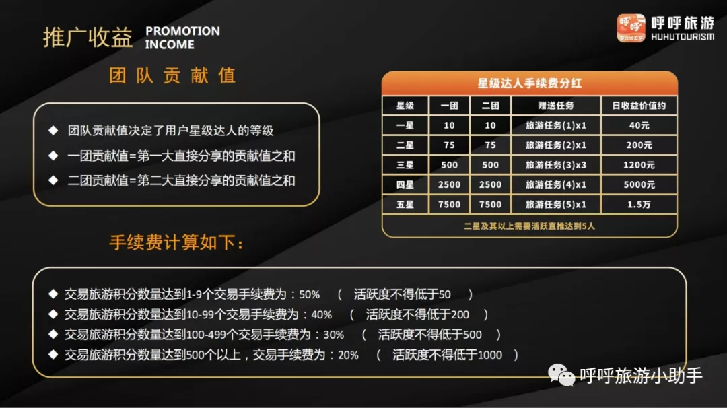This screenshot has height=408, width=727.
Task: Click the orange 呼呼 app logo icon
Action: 631,28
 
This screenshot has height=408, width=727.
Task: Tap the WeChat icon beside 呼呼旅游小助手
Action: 561,374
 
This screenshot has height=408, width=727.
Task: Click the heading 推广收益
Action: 88,38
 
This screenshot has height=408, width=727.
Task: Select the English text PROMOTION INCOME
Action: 182,38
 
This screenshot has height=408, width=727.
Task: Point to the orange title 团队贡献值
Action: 172,75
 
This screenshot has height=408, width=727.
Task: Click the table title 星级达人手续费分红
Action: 530,83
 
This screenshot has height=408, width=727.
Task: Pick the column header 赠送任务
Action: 555,106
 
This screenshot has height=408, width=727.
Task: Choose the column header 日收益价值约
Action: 639,106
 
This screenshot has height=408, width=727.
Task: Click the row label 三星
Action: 405,165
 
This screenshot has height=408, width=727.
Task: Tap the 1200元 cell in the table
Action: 639,165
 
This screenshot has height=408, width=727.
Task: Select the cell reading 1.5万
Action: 639,205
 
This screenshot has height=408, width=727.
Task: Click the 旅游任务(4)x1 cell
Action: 555,184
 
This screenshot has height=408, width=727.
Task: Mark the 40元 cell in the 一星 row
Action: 639,125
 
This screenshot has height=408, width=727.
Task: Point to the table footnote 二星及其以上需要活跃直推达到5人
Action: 530,226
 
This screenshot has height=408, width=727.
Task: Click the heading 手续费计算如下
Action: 176,242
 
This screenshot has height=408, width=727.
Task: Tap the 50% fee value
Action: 309,294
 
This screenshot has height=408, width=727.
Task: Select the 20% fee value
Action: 348,355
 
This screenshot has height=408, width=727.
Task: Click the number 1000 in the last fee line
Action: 489,355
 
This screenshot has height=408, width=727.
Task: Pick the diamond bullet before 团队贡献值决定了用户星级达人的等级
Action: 53,131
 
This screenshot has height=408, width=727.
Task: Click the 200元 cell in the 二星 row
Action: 639,145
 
